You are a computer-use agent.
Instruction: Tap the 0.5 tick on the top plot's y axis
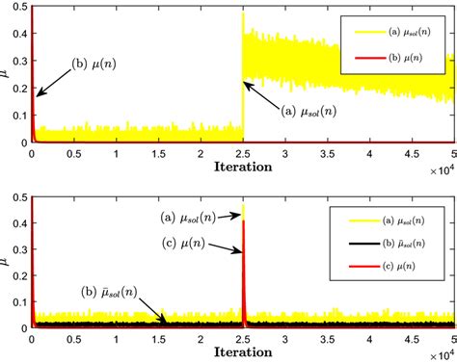pyautogui.click(x=20, y=8)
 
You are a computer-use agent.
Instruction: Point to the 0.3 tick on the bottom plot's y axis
pyautogui.click(x=20, y=250)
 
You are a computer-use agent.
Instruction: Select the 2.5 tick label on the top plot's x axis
pyautogui.click(x=243, y=154)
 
